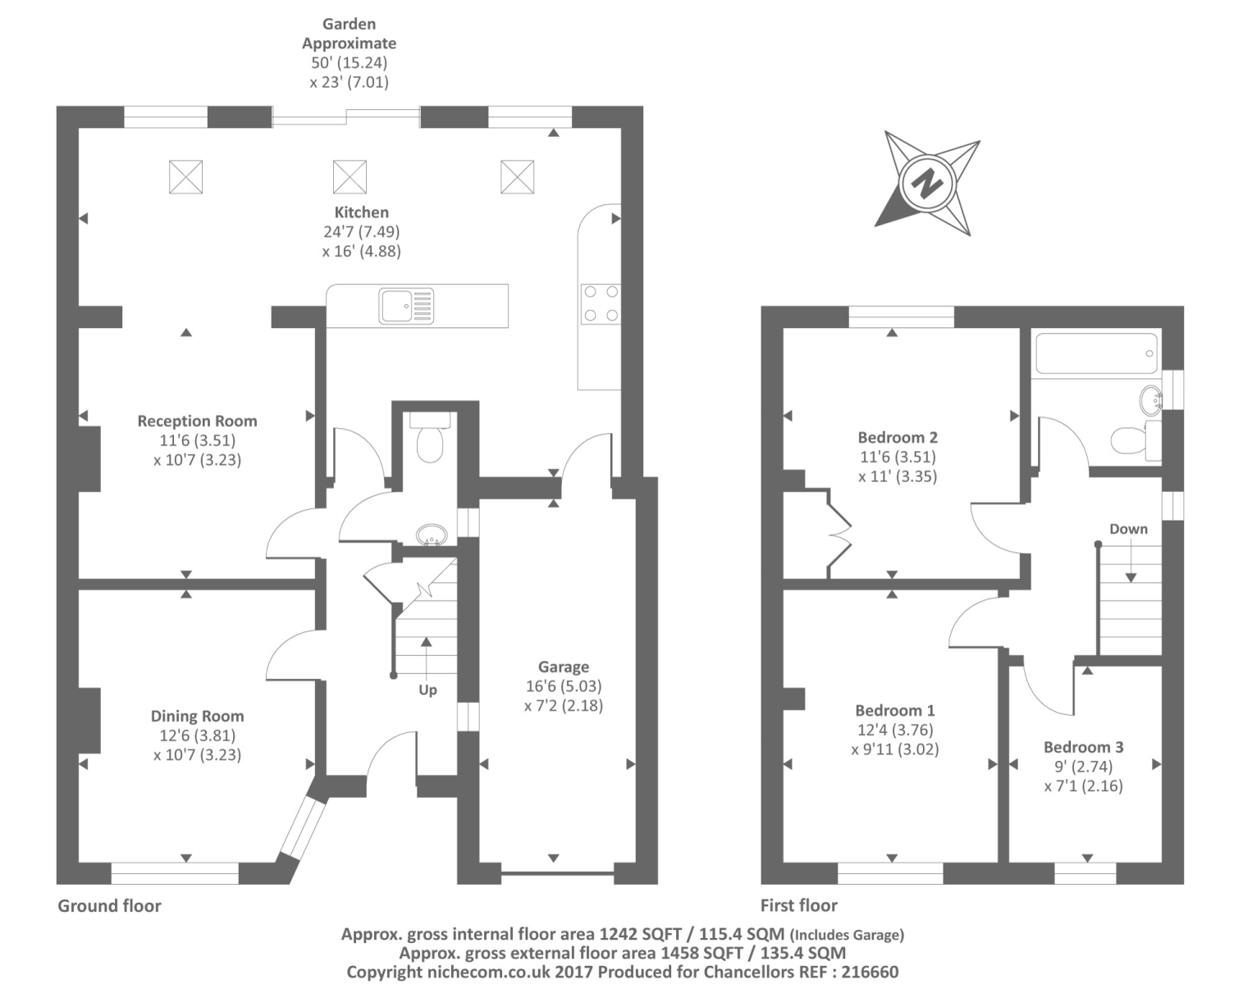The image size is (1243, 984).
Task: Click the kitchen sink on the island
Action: [x=406, y=306]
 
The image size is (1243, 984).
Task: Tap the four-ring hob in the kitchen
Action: [x=600, y=303]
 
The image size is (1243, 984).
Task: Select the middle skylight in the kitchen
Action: [x=350, y=177]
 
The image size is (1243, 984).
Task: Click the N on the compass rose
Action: [x=927, y=183]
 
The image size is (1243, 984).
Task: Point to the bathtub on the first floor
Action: [x=1096, y=353]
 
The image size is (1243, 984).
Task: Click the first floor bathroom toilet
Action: [x=1130, y=440]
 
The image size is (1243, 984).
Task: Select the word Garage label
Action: [x=563, y=667]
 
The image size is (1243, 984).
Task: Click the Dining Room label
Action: [x=197, y=716]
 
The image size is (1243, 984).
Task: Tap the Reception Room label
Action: [x=197, y=421]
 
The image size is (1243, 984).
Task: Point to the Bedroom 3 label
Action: [x=1083, y=747]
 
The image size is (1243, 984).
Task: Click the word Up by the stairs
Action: [x=427, y=690]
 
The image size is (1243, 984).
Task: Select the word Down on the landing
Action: [x=1128, y=529]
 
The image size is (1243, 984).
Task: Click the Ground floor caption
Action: [x=109, y=905]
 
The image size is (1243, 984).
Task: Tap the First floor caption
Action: [x=798, y=905]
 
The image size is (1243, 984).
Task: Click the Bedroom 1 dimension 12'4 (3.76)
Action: [x=894, y=730]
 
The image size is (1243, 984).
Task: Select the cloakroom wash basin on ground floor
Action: [x=431, y=536]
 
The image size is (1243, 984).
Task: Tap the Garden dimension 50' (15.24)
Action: [x=349, y=62]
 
